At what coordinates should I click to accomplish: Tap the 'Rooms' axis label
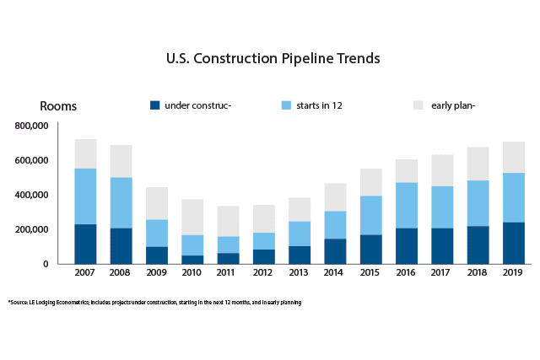tap(58, 107)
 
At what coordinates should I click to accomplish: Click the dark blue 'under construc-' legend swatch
tap(154, 105)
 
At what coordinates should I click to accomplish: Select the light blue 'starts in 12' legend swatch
tap(286, 105)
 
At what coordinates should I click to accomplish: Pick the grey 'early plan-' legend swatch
tap(418, 105)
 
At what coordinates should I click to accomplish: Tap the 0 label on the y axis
tap(48, 264)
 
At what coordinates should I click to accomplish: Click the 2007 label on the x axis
tap(85, 273)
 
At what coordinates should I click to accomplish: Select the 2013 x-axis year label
tap(300, 273)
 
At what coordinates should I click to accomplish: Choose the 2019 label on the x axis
tap(513, 273)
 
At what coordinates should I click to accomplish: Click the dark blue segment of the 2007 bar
tap(85, 244)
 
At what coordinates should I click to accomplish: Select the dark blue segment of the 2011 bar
tap(228, 258)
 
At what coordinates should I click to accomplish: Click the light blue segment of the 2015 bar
tap(370, 215)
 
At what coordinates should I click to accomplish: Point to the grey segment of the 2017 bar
tap(442, 170)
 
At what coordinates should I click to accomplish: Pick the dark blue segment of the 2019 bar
tap(513, 243)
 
